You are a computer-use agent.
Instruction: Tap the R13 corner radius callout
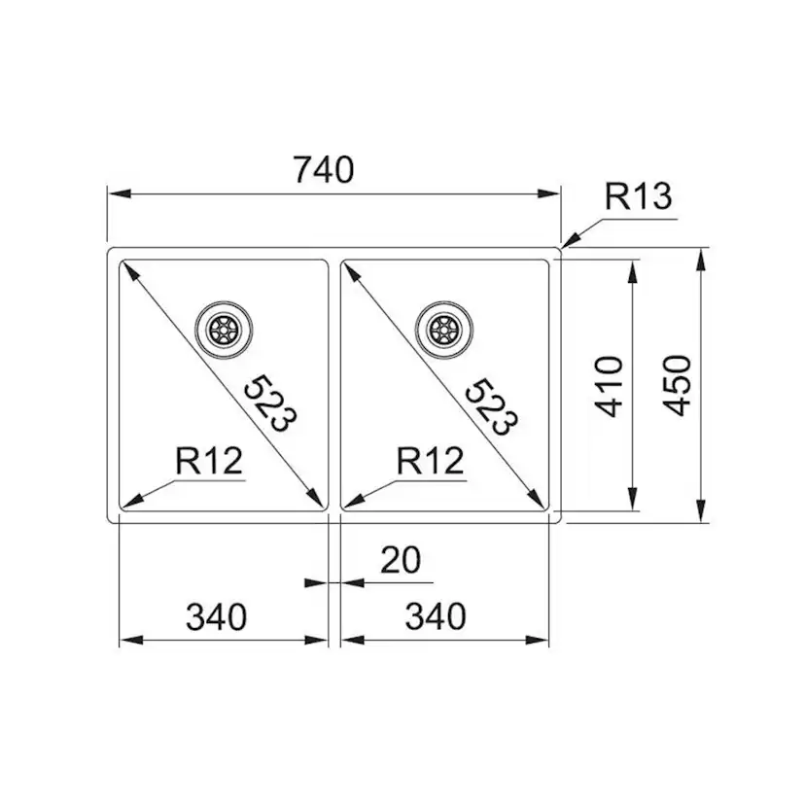[x=638, y=197]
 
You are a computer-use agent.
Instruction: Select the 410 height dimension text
[x=609, y=386]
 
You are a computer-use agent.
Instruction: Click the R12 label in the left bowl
[x=209, y=460]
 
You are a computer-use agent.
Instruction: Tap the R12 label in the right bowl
[x=431, y=460]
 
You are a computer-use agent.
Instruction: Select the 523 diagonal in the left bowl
[x=267, y=402]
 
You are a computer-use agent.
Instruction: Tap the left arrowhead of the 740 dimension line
[x=113, y=194]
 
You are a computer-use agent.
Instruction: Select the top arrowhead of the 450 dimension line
[x=702, y=255]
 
